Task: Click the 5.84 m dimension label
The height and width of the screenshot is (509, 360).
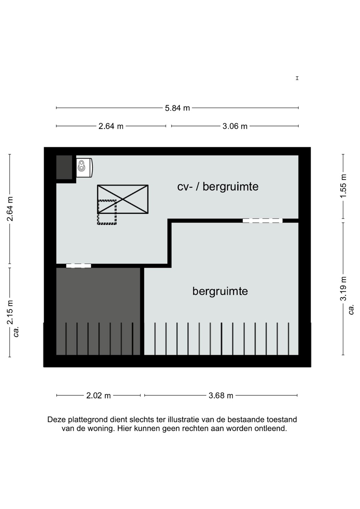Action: click(177, 108)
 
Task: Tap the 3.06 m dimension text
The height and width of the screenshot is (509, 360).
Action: click(235, 126)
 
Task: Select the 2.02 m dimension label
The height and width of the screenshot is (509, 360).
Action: click(98, 396)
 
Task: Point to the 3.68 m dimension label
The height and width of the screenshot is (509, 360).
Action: click(221, 396)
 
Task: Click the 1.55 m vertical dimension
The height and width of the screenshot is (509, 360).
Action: click(343, 186)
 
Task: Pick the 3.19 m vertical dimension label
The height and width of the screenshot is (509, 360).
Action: click(343, 288)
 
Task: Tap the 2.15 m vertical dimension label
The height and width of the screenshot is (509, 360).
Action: click(10, 312)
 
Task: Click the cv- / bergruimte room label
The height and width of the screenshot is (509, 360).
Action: click(218, 187)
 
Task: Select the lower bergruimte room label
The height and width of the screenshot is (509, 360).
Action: click(220, 291)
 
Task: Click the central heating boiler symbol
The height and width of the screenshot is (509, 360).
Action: click(84, 168)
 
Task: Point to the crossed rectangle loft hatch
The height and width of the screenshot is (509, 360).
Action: click(123, 199)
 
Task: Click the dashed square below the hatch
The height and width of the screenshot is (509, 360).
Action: click(107, 212)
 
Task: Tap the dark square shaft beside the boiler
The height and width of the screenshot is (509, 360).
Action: click(64, 167)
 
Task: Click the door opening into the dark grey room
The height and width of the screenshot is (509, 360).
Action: click(79, 266)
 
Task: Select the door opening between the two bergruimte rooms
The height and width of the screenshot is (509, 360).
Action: click(262, 221)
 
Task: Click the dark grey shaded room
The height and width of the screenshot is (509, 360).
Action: click(98, 311)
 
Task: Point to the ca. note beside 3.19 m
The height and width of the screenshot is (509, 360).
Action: click(352, 310)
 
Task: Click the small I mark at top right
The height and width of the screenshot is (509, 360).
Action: click(297, 78)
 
